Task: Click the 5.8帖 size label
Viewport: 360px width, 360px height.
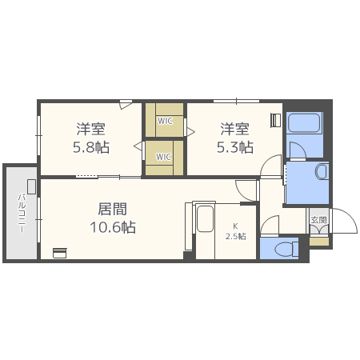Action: [91, 148]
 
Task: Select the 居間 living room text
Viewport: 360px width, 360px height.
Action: [112, 209]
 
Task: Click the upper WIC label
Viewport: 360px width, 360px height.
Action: [165, 121]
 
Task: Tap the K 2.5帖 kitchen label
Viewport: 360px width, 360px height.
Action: [235, 231]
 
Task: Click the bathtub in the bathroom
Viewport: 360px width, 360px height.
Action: [303, 123]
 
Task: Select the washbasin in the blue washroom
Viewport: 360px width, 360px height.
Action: [321, 171]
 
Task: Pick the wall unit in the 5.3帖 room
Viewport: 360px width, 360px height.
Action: [276, 120]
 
